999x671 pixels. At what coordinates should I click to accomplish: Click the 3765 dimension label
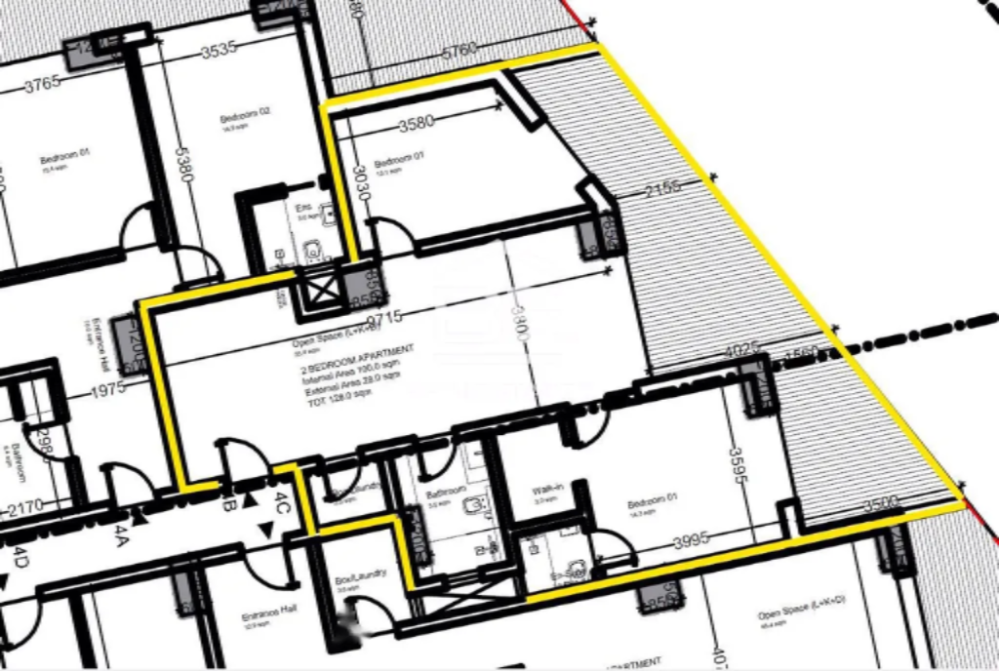pos(43,83)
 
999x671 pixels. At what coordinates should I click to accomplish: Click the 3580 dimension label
pos(416,124)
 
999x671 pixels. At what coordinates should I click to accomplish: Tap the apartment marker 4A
pos(121,533)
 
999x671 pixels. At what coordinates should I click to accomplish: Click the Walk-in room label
pos(543,491)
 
